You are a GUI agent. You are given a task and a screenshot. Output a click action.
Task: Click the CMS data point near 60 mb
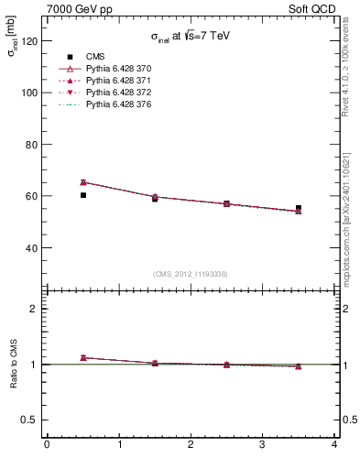point(82,195)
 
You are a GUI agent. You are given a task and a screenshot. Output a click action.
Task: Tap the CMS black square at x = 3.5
point(299,208)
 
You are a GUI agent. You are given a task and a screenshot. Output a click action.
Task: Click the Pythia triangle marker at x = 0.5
point(82,182)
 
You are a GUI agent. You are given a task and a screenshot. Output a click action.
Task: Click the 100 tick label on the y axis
point(30,93)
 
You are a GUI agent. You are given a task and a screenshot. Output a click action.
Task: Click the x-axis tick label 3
point(262,445)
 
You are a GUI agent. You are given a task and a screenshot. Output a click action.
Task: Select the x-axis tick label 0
point(47,445)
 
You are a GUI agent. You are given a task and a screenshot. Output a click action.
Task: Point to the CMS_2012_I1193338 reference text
point(191,274)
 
